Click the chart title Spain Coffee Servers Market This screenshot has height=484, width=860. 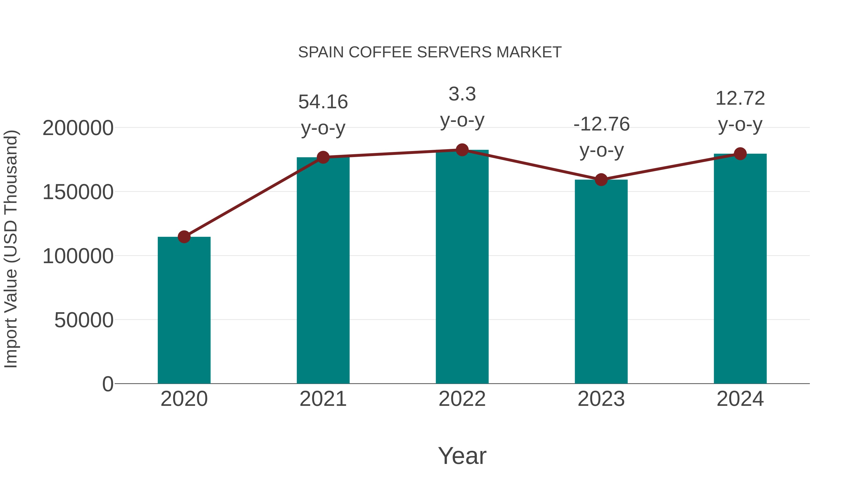click(x=430, y=52)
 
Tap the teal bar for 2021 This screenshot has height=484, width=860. click(x=323, y=270)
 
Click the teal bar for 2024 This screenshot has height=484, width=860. click(x=740, y=269)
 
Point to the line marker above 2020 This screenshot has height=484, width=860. click(x=184, y=237)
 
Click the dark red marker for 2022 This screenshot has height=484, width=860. click(x=462, y=150)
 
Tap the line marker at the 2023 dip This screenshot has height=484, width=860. click(x=601, y=180)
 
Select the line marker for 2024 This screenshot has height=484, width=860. click(x=740, y=154)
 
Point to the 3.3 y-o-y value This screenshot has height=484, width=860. click(x=462, y=94)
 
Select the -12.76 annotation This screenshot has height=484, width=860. click(x=601, y=124)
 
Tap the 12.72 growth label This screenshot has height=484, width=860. click(x=740, y=98)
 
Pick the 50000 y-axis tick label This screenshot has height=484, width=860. click(x=84, y=320)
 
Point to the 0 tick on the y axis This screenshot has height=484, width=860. click(x=107, y=384)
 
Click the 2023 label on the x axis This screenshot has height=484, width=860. click(x=601, y=399)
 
